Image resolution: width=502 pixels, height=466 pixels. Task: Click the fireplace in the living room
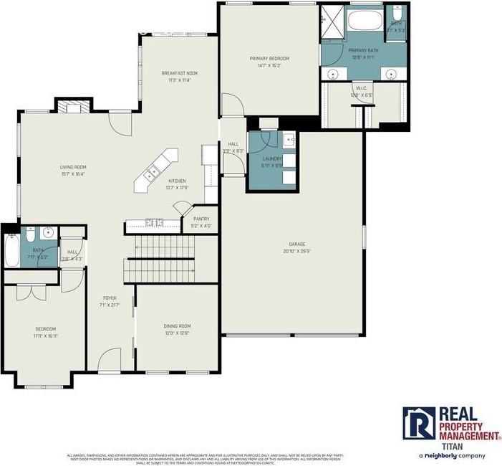point(74,108)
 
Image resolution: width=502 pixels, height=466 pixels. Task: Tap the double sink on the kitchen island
point(151,173)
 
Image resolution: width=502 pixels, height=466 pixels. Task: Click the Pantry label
point(201,219)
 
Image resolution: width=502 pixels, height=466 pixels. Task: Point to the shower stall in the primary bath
point(332,18)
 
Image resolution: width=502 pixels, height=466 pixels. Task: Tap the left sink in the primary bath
point(333,74)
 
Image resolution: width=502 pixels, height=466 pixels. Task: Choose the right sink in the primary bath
point(390,74)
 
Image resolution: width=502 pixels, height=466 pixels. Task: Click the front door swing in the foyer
point(110,357)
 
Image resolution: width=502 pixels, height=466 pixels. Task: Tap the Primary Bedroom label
point(269,58)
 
